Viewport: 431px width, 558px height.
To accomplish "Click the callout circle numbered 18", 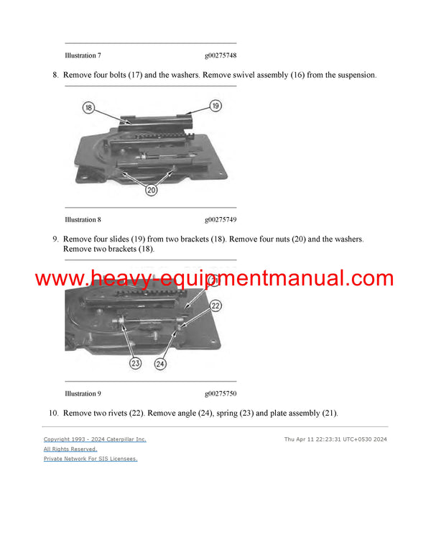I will pyautogui.click(x=88, y=108).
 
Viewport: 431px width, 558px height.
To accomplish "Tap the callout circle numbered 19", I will pyautogui.click(x=215, y=106).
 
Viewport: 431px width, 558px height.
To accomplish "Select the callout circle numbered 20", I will pyautogui.click(x=152, y=190).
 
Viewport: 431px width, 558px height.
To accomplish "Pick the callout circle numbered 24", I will pyautogui.click(x=162, y=364).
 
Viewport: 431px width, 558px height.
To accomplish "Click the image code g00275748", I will pyautogui.click(x=220, y=55).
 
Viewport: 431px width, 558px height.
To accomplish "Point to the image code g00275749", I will pyautogui.click(x=220, y=219).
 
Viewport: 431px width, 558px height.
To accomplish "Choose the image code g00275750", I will pyautogui.click(x=220, y=393).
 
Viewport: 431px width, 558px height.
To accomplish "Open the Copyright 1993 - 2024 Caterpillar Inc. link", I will pyautogui.click(x=95, y=439).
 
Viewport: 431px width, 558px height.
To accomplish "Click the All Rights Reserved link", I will pyautogui.click(x=70, y=449).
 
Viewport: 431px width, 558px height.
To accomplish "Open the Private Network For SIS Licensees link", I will pyautogui.click(x=91, y=458).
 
